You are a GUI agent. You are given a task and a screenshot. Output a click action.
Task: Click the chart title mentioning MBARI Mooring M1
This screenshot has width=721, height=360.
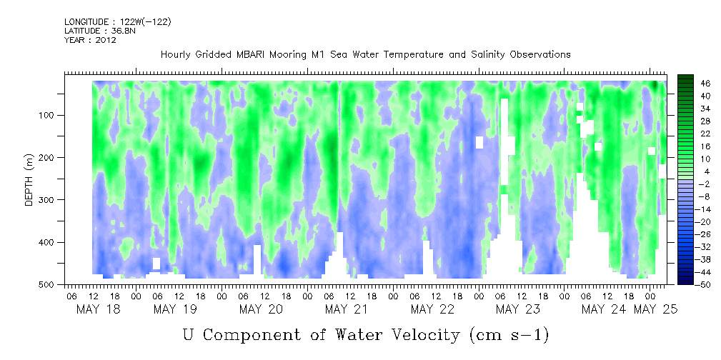click(x=365, y=55)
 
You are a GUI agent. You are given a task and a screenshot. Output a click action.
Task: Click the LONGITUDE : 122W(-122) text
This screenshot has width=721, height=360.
click(x=117, y=22)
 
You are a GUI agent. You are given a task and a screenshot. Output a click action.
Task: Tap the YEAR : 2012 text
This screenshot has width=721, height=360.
click(x=90, y=40)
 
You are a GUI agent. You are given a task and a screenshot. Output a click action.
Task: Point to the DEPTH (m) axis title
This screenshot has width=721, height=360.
click(x=29, y=183)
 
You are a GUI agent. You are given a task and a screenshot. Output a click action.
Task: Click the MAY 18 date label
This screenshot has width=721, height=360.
click(x=99, y=309)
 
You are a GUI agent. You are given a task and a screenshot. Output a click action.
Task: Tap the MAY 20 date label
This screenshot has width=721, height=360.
click(x=261, y=309)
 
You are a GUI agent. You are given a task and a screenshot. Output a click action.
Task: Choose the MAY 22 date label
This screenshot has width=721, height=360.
click(x=432, y=309)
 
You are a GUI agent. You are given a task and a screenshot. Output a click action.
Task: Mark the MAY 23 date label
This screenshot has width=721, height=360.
click(x=518, y=309)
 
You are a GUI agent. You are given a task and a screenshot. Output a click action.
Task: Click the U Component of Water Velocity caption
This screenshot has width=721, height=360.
click(x=366, y=334)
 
